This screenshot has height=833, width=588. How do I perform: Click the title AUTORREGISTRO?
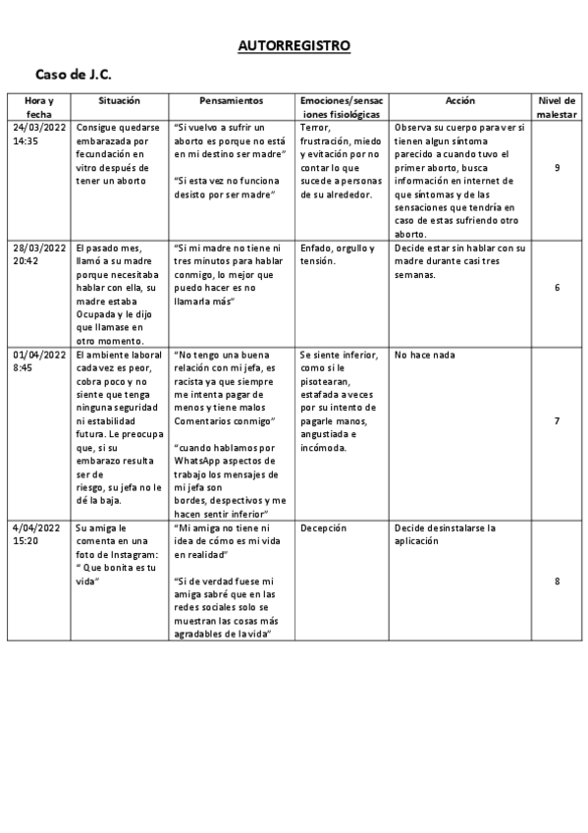pos(294,46)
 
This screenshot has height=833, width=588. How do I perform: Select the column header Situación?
pos(120,101)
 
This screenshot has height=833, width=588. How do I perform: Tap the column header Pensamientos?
pos(232,101)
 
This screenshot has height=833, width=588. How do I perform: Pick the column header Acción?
pos(459,101)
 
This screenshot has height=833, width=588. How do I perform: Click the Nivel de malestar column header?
pos(557,107)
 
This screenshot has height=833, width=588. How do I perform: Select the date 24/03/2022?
pos(39,128)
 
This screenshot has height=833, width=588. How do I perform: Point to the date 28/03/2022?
pos(39,249)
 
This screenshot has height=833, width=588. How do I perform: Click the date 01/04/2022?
pos(39,355)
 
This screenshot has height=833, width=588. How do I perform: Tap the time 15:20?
pos(27,541)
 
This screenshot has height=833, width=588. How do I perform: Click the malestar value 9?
pos(557,168)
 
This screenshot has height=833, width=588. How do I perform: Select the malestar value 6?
pos(557,288)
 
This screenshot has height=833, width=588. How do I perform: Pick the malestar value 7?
pos(557,420)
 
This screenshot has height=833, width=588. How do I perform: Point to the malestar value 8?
pos(557,582)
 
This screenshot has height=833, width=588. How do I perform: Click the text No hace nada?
pos(424,355)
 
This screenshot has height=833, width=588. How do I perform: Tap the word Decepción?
pos(324,528)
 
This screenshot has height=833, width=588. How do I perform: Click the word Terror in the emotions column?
pos(315,128)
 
